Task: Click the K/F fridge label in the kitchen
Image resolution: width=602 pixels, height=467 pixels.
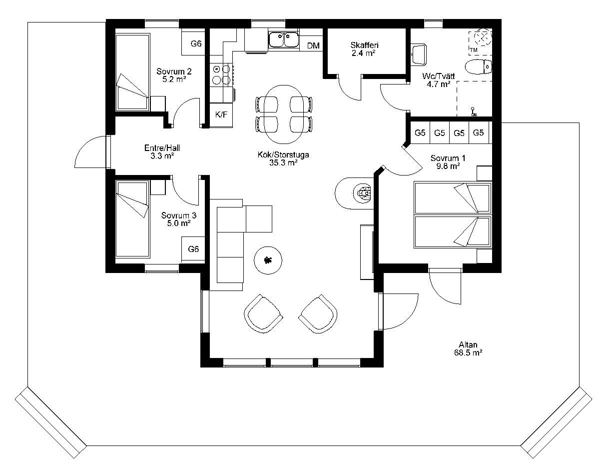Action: coord(221,114)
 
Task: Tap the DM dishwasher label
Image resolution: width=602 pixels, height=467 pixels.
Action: coord(313,45)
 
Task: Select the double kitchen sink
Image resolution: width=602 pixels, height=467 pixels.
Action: coord(284,40)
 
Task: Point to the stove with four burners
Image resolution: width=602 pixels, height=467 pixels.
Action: coord(221,74)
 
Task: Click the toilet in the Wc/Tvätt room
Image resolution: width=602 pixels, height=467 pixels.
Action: coord(478,66)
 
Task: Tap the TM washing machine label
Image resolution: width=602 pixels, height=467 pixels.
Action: coord(474,50)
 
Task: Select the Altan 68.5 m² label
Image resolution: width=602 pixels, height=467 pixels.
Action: coord(468,348)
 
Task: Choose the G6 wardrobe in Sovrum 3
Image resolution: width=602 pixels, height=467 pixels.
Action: coord(193,249)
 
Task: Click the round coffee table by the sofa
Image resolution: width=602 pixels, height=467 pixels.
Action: coord(268,260)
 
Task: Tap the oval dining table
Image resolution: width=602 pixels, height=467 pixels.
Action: coord(284,114)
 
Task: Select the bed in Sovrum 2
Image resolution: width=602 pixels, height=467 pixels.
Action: coord(132,72)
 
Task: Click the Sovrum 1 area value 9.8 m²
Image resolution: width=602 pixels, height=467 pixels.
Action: coord(448,166)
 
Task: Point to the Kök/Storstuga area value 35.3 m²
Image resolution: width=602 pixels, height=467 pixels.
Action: coord(283,162)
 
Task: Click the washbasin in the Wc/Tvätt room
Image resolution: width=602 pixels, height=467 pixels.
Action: coord(419,54)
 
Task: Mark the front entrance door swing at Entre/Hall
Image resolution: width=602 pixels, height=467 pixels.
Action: coord(91,152)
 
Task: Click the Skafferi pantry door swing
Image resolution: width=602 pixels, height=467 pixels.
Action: coord(350,88)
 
